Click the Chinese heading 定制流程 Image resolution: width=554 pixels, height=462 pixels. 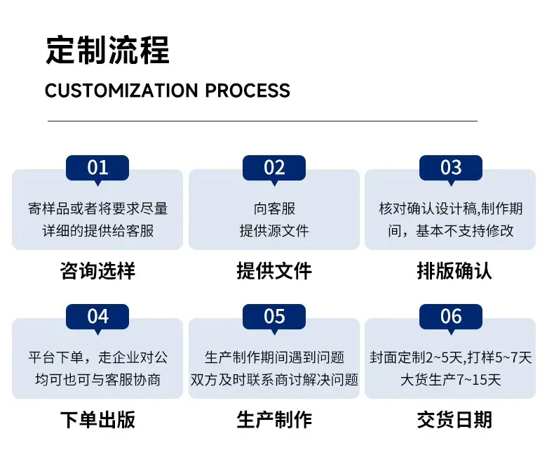(x=108, y=50)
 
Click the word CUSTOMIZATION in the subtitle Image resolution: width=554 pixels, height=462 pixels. (x=121, y=91)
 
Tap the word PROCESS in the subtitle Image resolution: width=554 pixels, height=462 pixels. (x=248, y=91)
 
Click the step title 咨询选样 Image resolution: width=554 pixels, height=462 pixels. (x=97, y=271)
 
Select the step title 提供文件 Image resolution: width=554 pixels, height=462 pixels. (x=274, y=271)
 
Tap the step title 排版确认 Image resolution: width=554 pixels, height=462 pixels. (x=454, y=271)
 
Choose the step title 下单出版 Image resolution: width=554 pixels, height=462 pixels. (x=97, y=420)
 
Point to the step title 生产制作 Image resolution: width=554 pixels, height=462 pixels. (x=274, y=420)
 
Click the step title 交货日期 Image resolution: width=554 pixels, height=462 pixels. (x=454, y=420)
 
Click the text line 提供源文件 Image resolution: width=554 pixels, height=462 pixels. (x=274, y=231)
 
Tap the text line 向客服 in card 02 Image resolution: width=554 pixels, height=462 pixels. (x=274, y=209)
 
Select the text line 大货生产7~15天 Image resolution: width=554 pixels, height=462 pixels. (x=451, y=380)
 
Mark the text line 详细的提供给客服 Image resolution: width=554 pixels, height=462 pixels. (x=98, y=231)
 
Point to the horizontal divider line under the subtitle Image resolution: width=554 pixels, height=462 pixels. (x=262, y=121)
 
